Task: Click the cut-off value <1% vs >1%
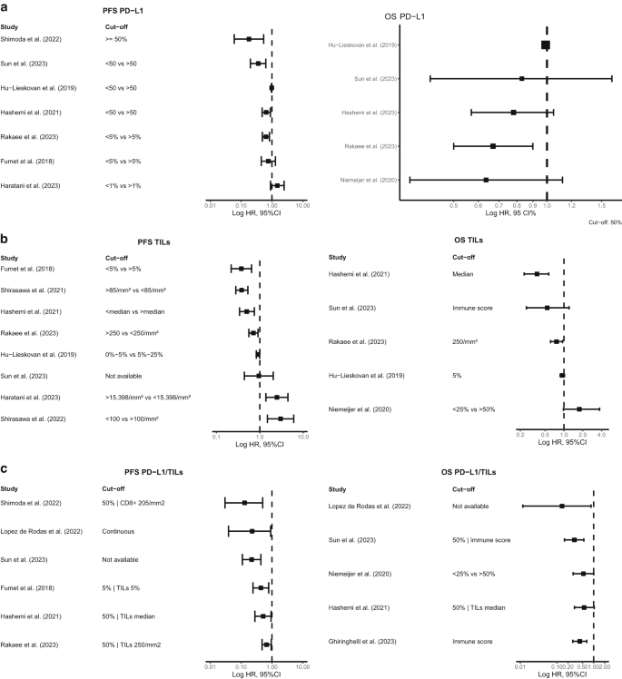[123, 185]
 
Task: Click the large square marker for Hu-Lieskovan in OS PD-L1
[546, 44]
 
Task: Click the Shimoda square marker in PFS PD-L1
[249, 39]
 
